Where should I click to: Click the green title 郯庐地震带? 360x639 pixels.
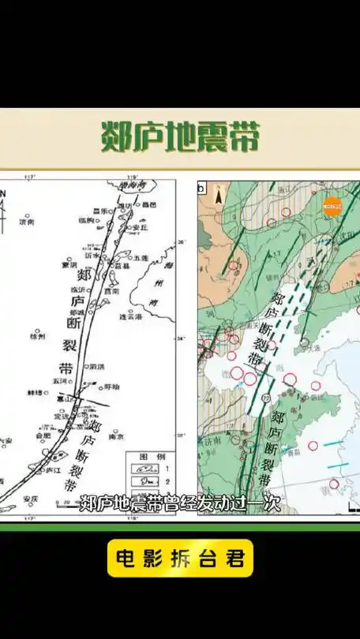pyautogui.click(x=180, y=136)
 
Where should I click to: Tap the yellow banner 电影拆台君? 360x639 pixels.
pyautogui.click(x=180, y=559)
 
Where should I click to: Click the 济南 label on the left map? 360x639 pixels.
pyautogui.click(x=27, y=223)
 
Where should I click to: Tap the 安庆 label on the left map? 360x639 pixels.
pyautogui.click(x=31, y=499)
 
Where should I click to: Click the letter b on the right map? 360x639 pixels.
pyautogui.click(x=202, y=189)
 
